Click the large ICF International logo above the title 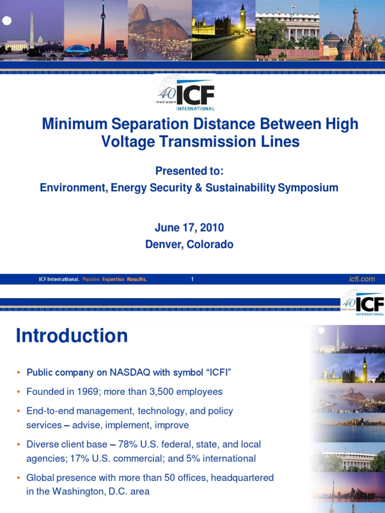185,93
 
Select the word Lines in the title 282,142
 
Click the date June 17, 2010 189,227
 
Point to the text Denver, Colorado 189,244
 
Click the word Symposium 308,188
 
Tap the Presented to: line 189,171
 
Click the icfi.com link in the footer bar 361,279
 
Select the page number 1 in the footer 192,280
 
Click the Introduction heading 72,336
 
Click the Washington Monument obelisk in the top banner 32,30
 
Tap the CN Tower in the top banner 102,25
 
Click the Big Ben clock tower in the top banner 243,20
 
